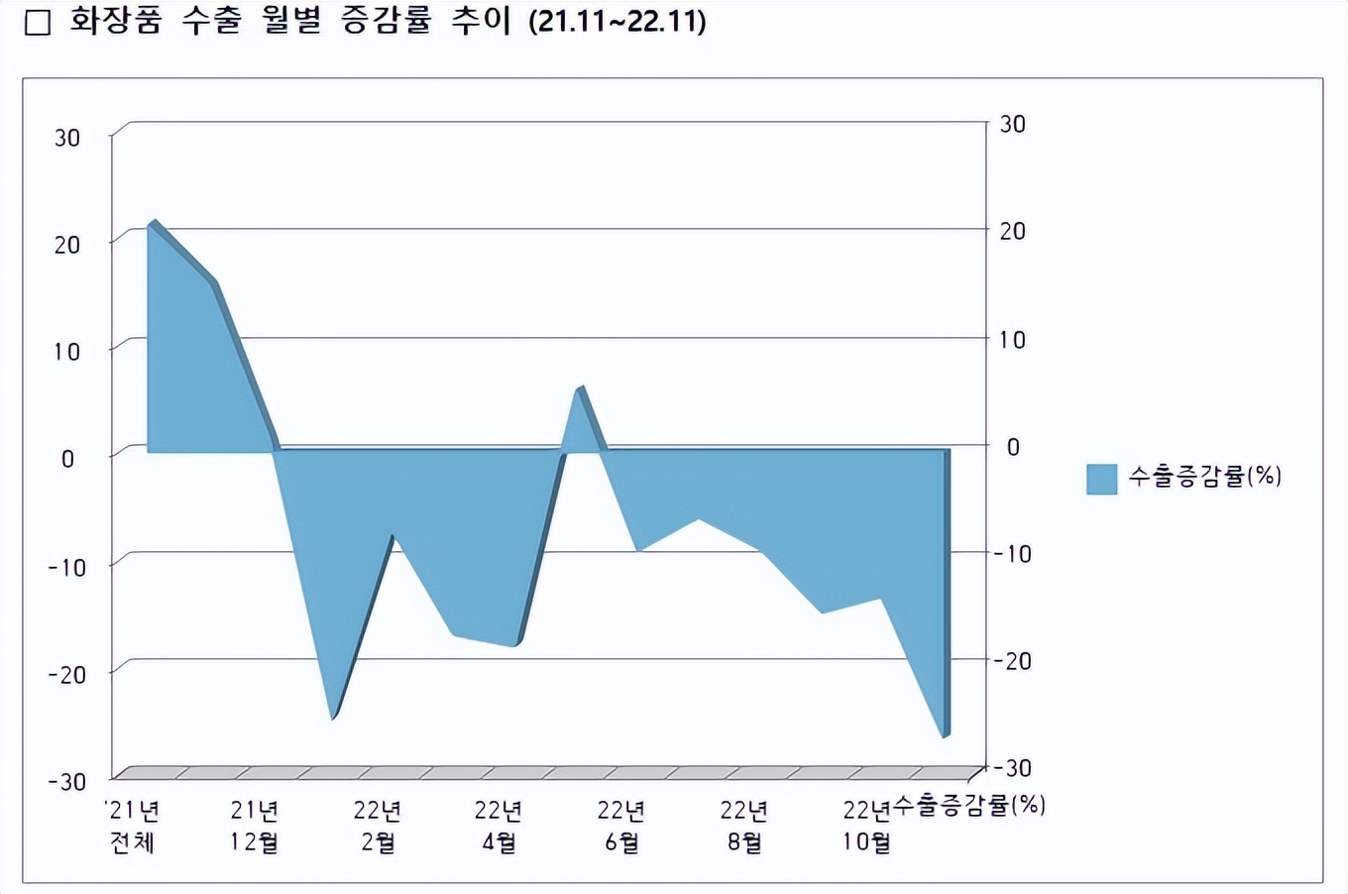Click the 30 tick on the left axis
[x=66, y=138]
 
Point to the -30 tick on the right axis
[x=1011, y=768]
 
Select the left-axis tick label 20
[x=66, y=245]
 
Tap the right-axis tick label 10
[x=1012, y=340]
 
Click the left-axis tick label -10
[x=66, y=567]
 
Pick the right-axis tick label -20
[x=1011, y=661]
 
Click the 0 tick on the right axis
[x=1012, y=447]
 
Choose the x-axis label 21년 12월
[x=255, y=827]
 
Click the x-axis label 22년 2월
[x=378, y=827]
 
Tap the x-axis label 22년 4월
[x=499, y=827]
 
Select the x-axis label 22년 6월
[x=621, y=827]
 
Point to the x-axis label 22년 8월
[x=744, y=827]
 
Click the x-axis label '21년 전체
[x=133, y=827]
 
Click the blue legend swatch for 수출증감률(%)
[x=1101, y=479]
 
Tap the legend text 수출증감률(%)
[x=1204, y=477]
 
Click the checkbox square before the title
[x=37, y=23]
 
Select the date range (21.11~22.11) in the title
[x=618, y=22]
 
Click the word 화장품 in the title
[x=115, y=22]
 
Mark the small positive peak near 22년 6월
[x=579, y=390]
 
